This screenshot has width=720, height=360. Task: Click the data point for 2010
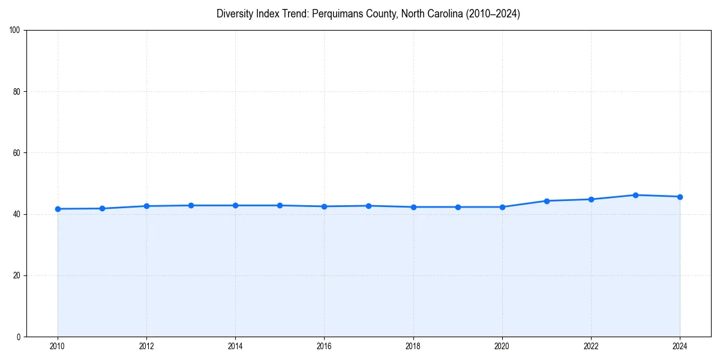point(58,209)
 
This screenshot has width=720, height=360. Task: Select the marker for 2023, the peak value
point(635,195)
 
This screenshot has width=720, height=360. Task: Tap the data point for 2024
point(680,197)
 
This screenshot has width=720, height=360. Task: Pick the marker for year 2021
point(547,201)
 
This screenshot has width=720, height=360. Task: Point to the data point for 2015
point(280,206)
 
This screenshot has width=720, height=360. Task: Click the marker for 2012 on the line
point(146,206)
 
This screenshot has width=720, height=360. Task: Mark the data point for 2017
point(368,206)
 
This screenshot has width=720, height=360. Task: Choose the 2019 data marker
point(458,207)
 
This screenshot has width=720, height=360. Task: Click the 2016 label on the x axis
point(324,346)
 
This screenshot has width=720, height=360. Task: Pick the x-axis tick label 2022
point(591,346)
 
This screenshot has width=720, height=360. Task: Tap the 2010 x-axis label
point(58,346)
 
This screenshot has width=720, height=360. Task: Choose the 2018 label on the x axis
point(413,346)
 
